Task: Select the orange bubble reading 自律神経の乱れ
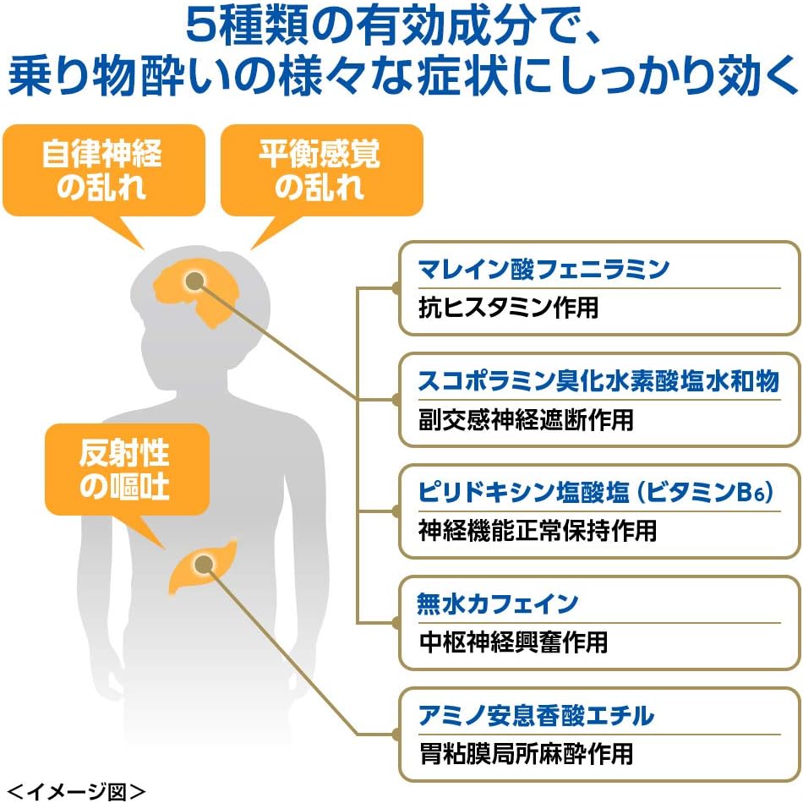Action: [102, 172]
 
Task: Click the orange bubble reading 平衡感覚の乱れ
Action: [320, 172]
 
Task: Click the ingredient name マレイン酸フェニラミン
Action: [544, 270]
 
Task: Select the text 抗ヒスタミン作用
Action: [508, 308]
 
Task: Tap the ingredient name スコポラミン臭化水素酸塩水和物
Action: [598, 381]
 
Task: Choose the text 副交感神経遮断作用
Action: [526, 419]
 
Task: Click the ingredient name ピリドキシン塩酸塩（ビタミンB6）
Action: [596, 493]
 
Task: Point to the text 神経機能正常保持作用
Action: [537, 531]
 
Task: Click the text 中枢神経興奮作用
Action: [513, 642]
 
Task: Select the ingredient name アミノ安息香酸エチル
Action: [536, 716]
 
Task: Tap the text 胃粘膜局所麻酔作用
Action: [526, 753]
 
